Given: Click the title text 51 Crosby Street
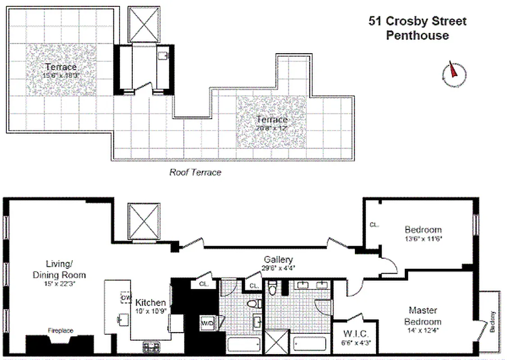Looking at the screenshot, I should pos(417,21).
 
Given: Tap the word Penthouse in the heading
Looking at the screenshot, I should pos(417,36).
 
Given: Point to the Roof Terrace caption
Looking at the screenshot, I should pos(195,172).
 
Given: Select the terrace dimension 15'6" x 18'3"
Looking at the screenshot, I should pos(60,76).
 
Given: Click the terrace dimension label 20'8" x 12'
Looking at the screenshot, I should pos(271,128).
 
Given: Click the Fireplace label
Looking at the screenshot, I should pos(60,331).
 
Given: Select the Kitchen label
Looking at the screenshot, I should pos(151,303).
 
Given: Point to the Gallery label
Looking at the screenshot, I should pos(278,260).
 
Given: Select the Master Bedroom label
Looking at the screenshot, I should pos(422,316).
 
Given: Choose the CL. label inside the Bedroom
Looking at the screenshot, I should pos(373,225).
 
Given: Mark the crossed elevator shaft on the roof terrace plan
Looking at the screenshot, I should pos(144,25).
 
